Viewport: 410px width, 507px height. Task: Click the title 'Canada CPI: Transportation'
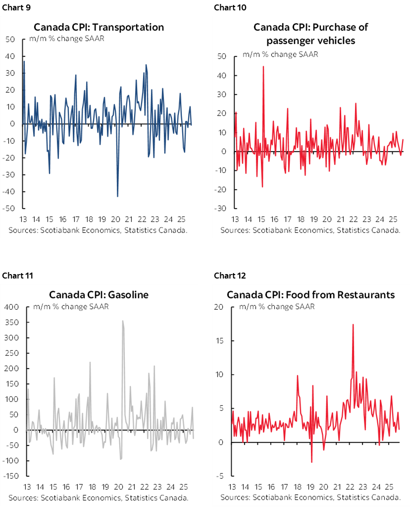[98, 27]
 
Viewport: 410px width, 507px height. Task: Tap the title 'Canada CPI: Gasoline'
[99, 294]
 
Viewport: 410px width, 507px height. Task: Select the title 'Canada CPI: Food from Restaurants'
[310, 294]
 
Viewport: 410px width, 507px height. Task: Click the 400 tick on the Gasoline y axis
[11, 307]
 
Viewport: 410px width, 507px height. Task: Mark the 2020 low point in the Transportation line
[117, 197]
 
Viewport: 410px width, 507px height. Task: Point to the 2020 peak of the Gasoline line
[122, 321]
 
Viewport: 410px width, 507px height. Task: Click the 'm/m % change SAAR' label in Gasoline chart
[71, 307]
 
